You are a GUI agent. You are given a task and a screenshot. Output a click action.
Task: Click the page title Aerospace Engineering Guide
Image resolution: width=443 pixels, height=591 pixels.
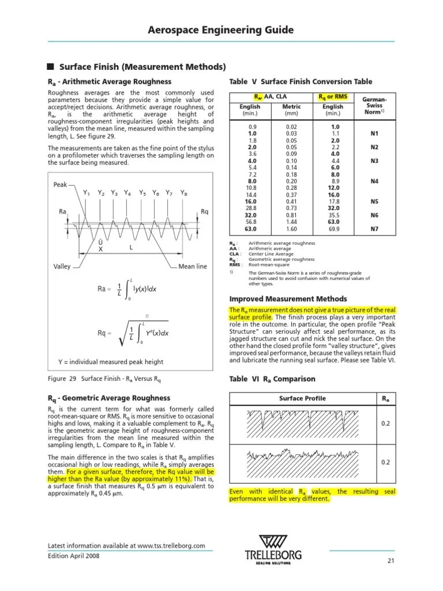point(221,30)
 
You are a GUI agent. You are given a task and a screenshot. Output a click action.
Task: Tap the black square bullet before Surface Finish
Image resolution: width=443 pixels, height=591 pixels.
point(50,66)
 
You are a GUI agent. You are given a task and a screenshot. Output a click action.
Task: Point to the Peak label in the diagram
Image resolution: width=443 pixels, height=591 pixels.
point(61,185)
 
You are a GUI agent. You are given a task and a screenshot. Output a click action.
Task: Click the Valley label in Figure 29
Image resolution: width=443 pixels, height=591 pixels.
point(62,267)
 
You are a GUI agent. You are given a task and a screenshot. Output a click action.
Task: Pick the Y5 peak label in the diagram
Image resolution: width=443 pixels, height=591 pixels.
point(142,193)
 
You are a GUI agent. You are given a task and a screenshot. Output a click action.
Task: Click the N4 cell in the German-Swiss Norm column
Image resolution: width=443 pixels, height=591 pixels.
point(374,181)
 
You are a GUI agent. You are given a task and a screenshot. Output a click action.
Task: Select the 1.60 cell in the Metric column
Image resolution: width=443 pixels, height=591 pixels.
point(291,229)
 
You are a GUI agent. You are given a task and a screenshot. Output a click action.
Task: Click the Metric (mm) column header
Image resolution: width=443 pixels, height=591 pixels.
point(291,110)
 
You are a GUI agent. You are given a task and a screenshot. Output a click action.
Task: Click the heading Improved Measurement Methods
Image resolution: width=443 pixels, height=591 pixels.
point(288,299)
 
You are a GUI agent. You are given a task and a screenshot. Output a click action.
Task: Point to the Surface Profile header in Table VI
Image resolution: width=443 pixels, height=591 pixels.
point(302,398)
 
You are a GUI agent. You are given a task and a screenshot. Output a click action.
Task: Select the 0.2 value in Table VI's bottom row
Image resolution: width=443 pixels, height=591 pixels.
point(386,462)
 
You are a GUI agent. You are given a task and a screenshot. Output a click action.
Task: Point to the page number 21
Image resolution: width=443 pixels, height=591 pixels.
point(390,561)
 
